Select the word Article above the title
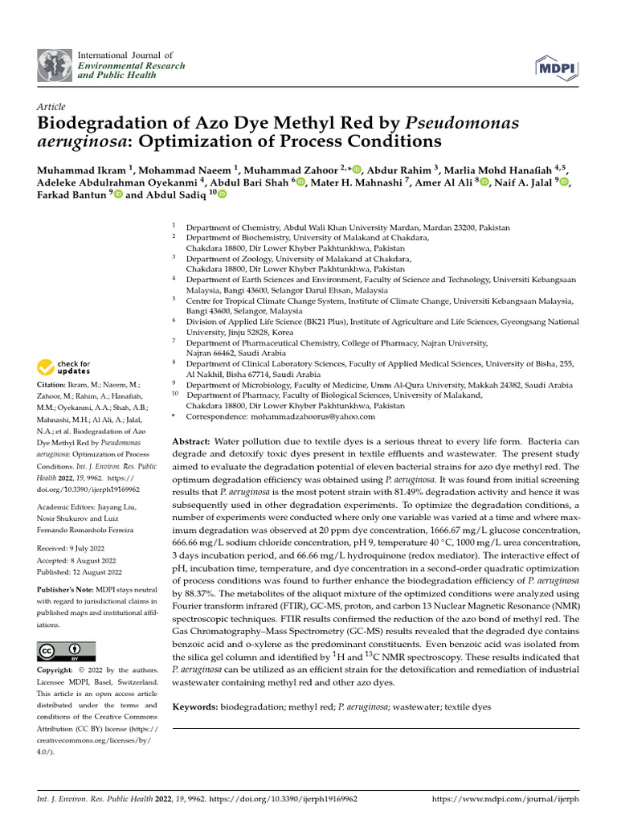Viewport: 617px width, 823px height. (x=51, y=107)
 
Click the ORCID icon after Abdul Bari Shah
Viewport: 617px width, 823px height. (x=300, y=182)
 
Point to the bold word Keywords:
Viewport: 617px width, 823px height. (x=195, y=706)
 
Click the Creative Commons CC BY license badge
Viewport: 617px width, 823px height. (x=67, y=651)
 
